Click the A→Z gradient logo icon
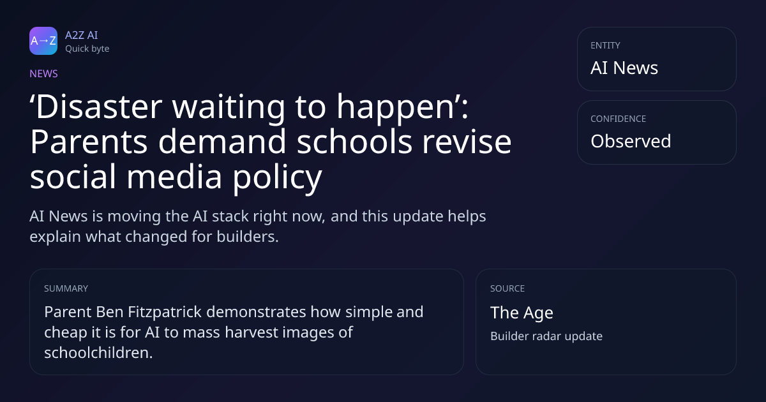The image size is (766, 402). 43,41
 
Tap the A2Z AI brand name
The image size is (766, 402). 82,35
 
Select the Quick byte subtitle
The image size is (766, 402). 87,49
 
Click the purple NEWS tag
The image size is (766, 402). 44,73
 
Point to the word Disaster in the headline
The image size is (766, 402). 99,107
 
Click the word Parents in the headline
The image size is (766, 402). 89,142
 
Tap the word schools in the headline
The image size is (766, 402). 355,142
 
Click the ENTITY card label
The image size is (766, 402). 605,45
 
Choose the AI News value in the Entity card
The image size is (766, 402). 624,68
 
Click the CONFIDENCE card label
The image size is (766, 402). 619,119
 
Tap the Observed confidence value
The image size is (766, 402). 631,141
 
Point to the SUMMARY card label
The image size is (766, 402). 66,288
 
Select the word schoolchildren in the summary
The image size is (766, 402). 98,352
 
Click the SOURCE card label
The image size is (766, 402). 507,288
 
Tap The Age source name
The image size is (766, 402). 522,313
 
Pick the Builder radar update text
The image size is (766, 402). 546,336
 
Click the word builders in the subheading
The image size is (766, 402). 247,237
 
